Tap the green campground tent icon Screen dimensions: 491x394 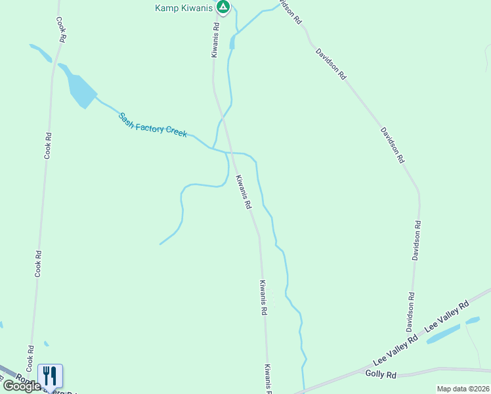tap(223, 7)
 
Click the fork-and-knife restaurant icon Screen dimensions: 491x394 tap(51, 375)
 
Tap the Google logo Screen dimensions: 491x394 tap(22, 385)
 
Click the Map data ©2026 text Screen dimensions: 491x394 tap(463, 389)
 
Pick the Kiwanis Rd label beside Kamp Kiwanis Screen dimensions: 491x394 tap(215, 41)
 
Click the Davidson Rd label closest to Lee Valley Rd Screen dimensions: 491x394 tap(410, 312)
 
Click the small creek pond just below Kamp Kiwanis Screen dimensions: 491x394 tap(232, 42)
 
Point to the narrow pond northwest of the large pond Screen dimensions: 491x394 tap(40, 53)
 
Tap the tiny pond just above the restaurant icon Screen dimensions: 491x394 tap(46, 343)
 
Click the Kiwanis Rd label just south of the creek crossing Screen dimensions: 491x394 tap(244, 192)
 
